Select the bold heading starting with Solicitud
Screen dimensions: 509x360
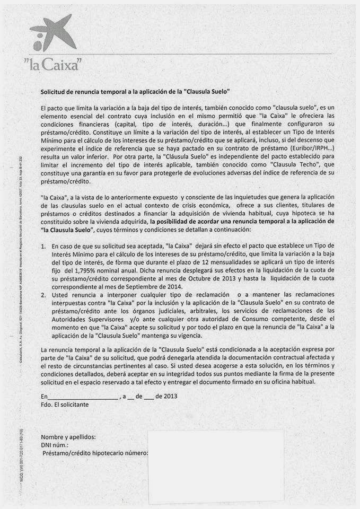135,92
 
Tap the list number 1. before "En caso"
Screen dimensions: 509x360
43,247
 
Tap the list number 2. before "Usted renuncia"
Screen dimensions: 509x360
43,294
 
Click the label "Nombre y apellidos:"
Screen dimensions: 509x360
68,437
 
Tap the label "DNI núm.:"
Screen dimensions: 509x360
55,445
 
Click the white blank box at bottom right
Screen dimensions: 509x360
216,466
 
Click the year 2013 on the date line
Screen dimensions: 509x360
170,396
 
